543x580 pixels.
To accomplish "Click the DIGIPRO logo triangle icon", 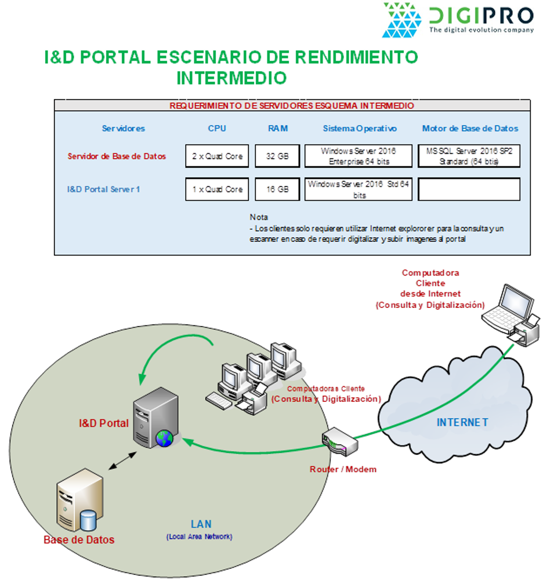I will point(401,20).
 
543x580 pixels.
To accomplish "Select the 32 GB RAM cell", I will point(277,156).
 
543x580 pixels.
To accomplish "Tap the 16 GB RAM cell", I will point(277,189).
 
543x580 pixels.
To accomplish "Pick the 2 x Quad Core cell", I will point(217,156).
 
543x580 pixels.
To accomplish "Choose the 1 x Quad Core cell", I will point(217,189).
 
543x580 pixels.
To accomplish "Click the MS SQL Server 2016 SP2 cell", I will point(469,156).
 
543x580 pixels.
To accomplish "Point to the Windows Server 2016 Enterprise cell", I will point(358,156).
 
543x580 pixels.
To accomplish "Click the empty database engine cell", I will point(469,189).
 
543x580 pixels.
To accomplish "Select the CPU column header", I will point(217,128).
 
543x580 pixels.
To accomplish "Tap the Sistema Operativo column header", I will point(360,128).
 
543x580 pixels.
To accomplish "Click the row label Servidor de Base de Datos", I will point(117,156).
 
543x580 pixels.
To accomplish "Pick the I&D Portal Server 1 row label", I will point(103,189).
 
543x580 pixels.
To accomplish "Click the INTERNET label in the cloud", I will point(462,422).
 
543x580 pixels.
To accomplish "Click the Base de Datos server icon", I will point(79,502).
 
